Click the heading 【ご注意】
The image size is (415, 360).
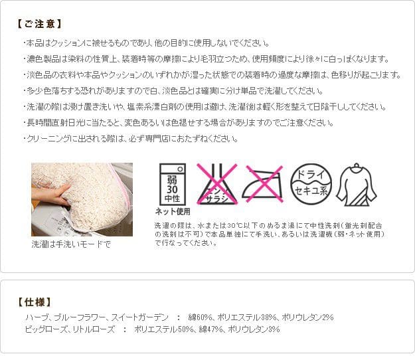(x=39, y=24)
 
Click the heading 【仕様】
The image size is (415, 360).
(x=35, y=302)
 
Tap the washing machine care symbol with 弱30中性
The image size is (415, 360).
(x=172, y=184)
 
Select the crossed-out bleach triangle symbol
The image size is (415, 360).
(x=216, y=184)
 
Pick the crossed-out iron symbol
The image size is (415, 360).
(x=263, y=184)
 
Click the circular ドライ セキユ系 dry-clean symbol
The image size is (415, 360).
(x=311, y=184)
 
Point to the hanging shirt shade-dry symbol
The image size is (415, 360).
(x=357, y=185)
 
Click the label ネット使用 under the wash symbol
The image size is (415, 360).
(x=173, y=211)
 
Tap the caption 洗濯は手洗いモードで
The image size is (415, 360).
(x=71, y=244)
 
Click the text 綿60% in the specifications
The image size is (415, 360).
(x=200, y=317)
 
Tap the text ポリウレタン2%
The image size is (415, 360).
(x=307, y=317)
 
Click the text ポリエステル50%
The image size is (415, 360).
(x=163, y=329)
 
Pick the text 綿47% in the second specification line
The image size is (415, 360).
(x=210, y=329)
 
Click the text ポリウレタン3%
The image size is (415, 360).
(x=254, y=329)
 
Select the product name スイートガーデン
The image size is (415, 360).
(x=139, y=317)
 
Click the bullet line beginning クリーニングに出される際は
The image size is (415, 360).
(x=131, y=138)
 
